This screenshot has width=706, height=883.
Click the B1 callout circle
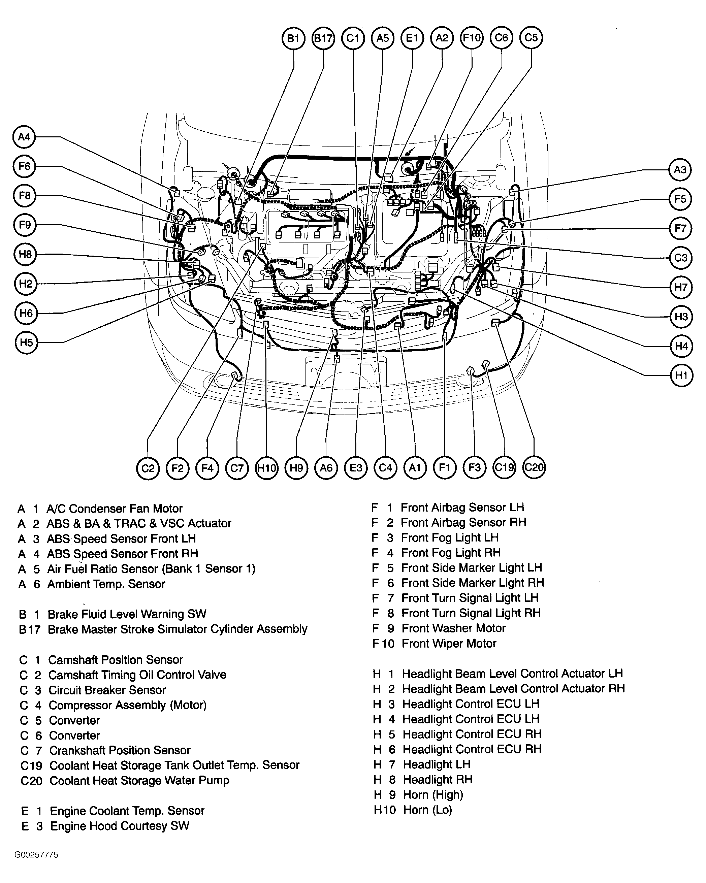tap(293, 38)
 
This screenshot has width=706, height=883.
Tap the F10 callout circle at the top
tap(472, 38)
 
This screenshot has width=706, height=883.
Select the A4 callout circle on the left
tap(24, 137)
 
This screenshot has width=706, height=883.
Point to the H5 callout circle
tap(26, 342)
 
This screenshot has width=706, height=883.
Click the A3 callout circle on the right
tap(680, 169)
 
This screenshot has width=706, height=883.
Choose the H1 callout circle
tap(681, 375)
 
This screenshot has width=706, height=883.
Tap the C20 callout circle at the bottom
tap(534, 467)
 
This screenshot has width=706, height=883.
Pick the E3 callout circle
tap(356, 468)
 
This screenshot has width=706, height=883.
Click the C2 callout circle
tap(148, 468)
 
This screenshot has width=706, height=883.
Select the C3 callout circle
tap(681, 258)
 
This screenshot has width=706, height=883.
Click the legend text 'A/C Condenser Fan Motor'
tap(114, 509)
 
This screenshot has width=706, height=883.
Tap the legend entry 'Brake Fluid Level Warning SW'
tap(127, 614)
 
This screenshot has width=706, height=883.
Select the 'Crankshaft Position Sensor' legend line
tap(120, 750)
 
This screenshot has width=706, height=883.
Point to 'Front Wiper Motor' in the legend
tap(449, 644)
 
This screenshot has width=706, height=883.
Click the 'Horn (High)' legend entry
tap(433, 794)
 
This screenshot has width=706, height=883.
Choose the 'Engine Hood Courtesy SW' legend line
tap(120, 826)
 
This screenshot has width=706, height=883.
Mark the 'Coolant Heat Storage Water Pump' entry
tap(139, 781)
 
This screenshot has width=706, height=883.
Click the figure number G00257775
tap(36, 855)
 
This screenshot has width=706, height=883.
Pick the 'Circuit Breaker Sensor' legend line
tap(107, 690)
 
